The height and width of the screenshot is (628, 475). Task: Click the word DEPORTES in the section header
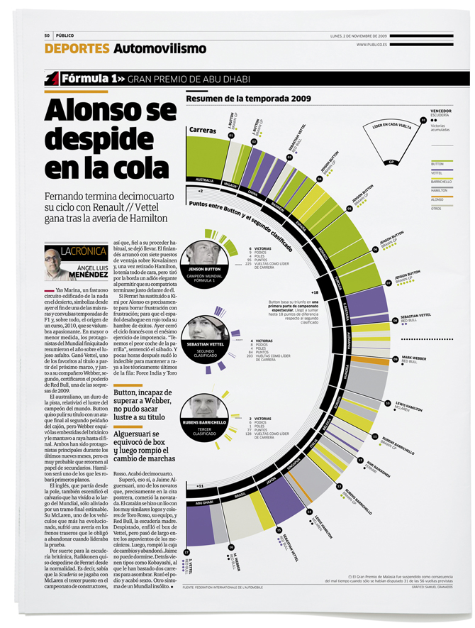(76, 49)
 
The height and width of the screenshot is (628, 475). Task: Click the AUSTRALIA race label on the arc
(204, 180)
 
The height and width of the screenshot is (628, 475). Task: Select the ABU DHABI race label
(201, 502)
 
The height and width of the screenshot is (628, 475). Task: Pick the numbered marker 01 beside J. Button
(231, 134)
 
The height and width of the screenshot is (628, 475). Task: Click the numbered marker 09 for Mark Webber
(395, 360)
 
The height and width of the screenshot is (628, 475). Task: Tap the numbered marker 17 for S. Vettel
(186, 551)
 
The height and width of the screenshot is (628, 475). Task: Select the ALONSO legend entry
(437, 199)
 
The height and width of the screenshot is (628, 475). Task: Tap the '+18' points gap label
(316, 292)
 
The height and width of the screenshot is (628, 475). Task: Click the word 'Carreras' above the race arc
(203, 131)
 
